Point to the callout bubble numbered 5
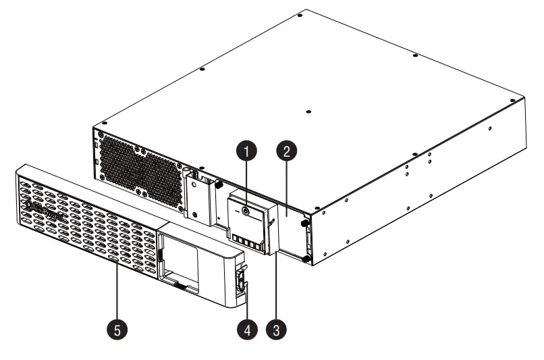116,331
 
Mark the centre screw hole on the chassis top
308,112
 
